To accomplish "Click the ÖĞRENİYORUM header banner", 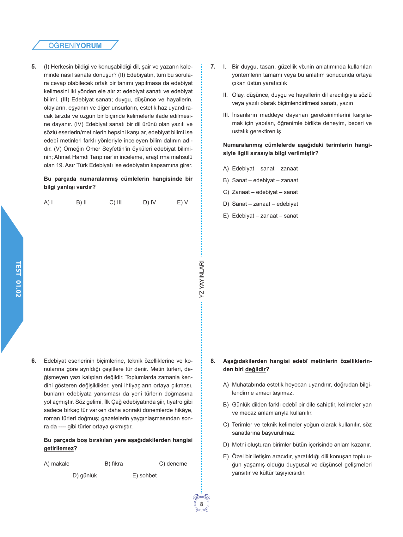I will [x=75, y=45].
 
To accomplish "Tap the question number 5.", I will [x=34, y=67].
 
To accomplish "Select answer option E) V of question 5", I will [x=182, y=202].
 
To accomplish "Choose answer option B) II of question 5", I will [x=81, y=202].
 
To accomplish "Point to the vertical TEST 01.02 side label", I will [x=18, y=279].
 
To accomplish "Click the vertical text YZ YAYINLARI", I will [x=202, y=279].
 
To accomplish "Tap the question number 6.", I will [x=34, y=361].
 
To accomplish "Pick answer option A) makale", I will [x=57, y=464].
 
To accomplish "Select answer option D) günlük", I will [x=85, y=475].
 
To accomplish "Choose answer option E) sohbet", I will [x=144, y=475].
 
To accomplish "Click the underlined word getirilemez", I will [x=59, y=449].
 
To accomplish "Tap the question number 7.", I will [x=213, y=67].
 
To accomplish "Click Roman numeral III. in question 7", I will [x=226, y=115].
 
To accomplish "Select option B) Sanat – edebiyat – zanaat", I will [x=261, y=180].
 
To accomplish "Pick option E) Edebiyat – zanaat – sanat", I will [x=261, y=216].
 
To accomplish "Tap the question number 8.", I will [x=213, y=361].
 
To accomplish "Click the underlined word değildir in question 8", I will [x=255, y=369].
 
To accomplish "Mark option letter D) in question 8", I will [x=226, y=445].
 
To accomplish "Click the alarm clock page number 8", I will [x=202, y=504].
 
